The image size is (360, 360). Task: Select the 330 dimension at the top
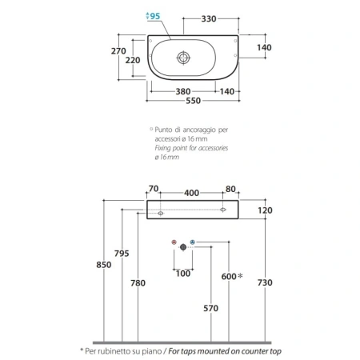(x=209, y=19)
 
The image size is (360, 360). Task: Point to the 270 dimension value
(x=118, y=51)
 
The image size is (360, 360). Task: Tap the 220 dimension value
(x=133, y=60)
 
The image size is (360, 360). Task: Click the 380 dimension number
(x=183, y=91)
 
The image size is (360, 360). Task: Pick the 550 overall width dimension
(x=193, y=101)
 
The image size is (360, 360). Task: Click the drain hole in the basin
(x=183, y=58)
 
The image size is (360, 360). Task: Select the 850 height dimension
(x=104, y=265)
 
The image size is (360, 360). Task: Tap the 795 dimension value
(x=122, y=254)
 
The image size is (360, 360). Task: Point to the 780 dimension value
(x=138, y=283)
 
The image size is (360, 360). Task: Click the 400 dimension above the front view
(x=191, y=193)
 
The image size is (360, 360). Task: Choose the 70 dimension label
(x=154, y=189)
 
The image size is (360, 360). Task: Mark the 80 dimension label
(x=230, y=189)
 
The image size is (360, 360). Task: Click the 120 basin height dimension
(x=265, y=210)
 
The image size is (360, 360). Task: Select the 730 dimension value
(x=265, y=282)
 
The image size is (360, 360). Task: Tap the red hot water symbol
(x=174, y=242)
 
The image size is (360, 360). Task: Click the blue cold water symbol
(x=193, y=242)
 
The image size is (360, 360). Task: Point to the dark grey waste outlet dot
(x=183, y=247)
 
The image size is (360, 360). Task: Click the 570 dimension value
(x=210, y=308)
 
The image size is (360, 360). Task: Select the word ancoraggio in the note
(x=199, y=130)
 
